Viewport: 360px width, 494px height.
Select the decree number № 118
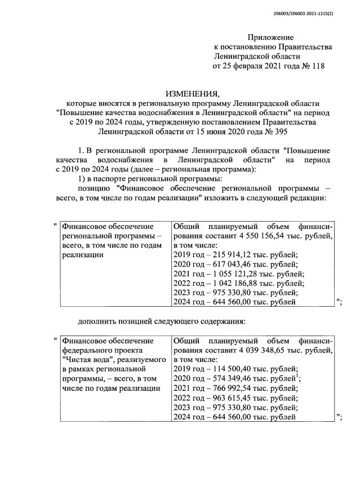pyautogui.click(x=312, y=67)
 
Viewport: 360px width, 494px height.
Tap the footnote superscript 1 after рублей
pyautogui.click(x=297, y=376)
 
